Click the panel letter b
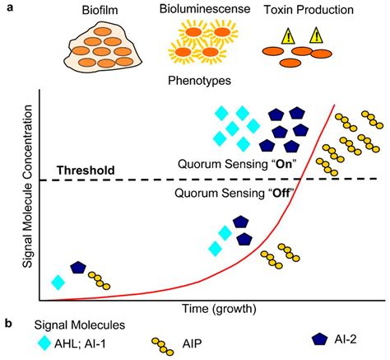click(7, 324)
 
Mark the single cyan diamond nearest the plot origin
click(58, 282)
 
